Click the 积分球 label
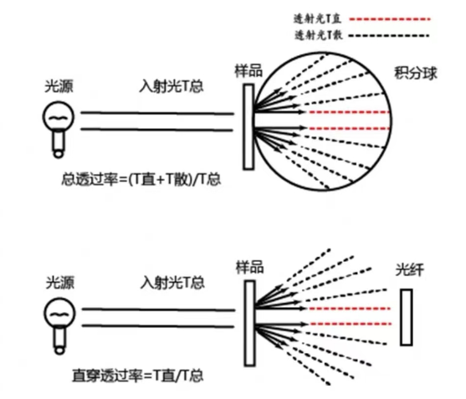coord(416,73)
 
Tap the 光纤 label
coord(410,269)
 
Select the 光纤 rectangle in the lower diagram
coord(406,317)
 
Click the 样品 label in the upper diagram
coord(248,71)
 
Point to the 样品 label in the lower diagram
coord(249,267)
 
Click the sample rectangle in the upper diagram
coord(248,127)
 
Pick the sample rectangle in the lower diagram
coord(249,323)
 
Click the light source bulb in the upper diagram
coord(59,130)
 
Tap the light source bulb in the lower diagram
coord(59,326)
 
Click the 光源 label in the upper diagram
coord(59,86)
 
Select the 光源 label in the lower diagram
coord(60,283)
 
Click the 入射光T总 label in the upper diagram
coord(172,86)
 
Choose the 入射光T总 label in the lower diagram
coord(172,283)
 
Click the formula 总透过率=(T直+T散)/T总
coord(141,180)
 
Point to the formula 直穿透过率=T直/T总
coord(138,376)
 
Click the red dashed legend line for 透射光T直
coord(390,19)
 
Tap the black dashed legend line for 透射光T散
coord(389,36)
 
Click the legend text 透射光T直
coord(317,19)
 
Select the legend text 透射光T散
coord(318,35)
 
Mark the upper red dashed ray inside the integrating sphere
coord(349,112)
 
